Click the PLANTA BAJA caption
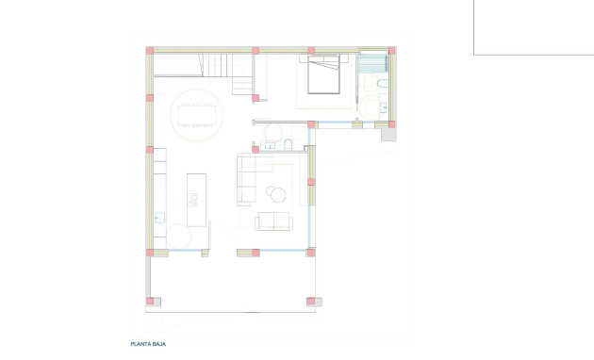point(148,345)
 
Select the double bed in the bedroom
point(322,74)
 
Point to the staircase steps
point(226,65)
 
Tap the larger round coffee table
point(276,195)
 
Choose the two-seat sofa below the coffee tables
point(274,221)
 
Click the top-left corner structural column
point(150,50)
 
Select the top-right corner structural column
point(392,50)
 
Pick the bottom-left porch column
point(150,302)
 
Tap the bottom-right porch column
point(311,302)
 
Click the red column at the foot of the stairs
point(256,96)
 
